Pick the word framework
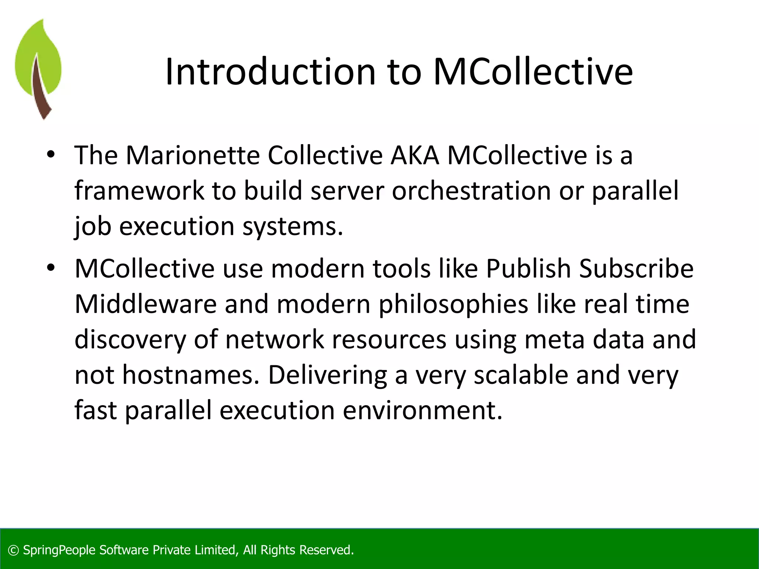[139, 190]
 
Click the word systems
[292, 226]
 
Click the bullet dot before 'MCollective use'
[51, 267]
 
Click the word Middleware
[145, 304]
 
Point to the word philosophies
[453, 305]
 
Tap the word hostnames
[191, 375]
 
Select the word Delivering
[327, 375]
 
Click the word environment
[422, 410]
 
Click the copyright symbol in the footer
[13, 550]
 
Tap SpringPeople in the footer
[59, 550]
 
